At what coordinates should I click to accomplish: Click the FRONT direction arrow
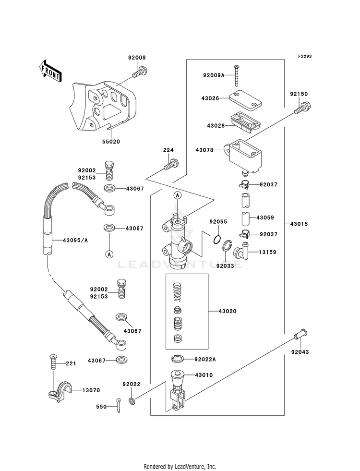click(50, 71)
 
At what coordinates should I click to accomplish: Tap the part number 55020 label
click(111, 142)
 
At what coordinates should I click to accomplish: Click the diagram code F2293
click(305, 56)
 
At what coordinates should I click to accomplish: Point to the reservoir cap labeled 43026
click(245, 99)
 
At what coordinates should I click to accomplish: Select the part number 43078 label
click(204, 150)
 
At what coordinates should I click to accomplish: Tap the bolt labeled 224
click(171, 165)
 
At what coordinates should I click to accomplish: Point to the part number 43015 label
click(299, 224)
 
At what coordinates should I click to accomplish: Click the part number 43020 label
click(228, 312)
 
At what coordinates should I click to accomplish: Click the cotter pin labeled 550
click(119, 405)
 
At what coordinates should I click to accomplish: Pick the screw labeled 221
click(53, 362)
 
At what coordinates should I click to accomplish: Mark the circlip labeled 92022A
click(177, 358)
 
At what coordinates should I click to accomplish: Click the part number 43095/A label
click(75, 241)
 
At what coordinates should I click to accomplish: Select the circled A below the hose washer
click(109, 254)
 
